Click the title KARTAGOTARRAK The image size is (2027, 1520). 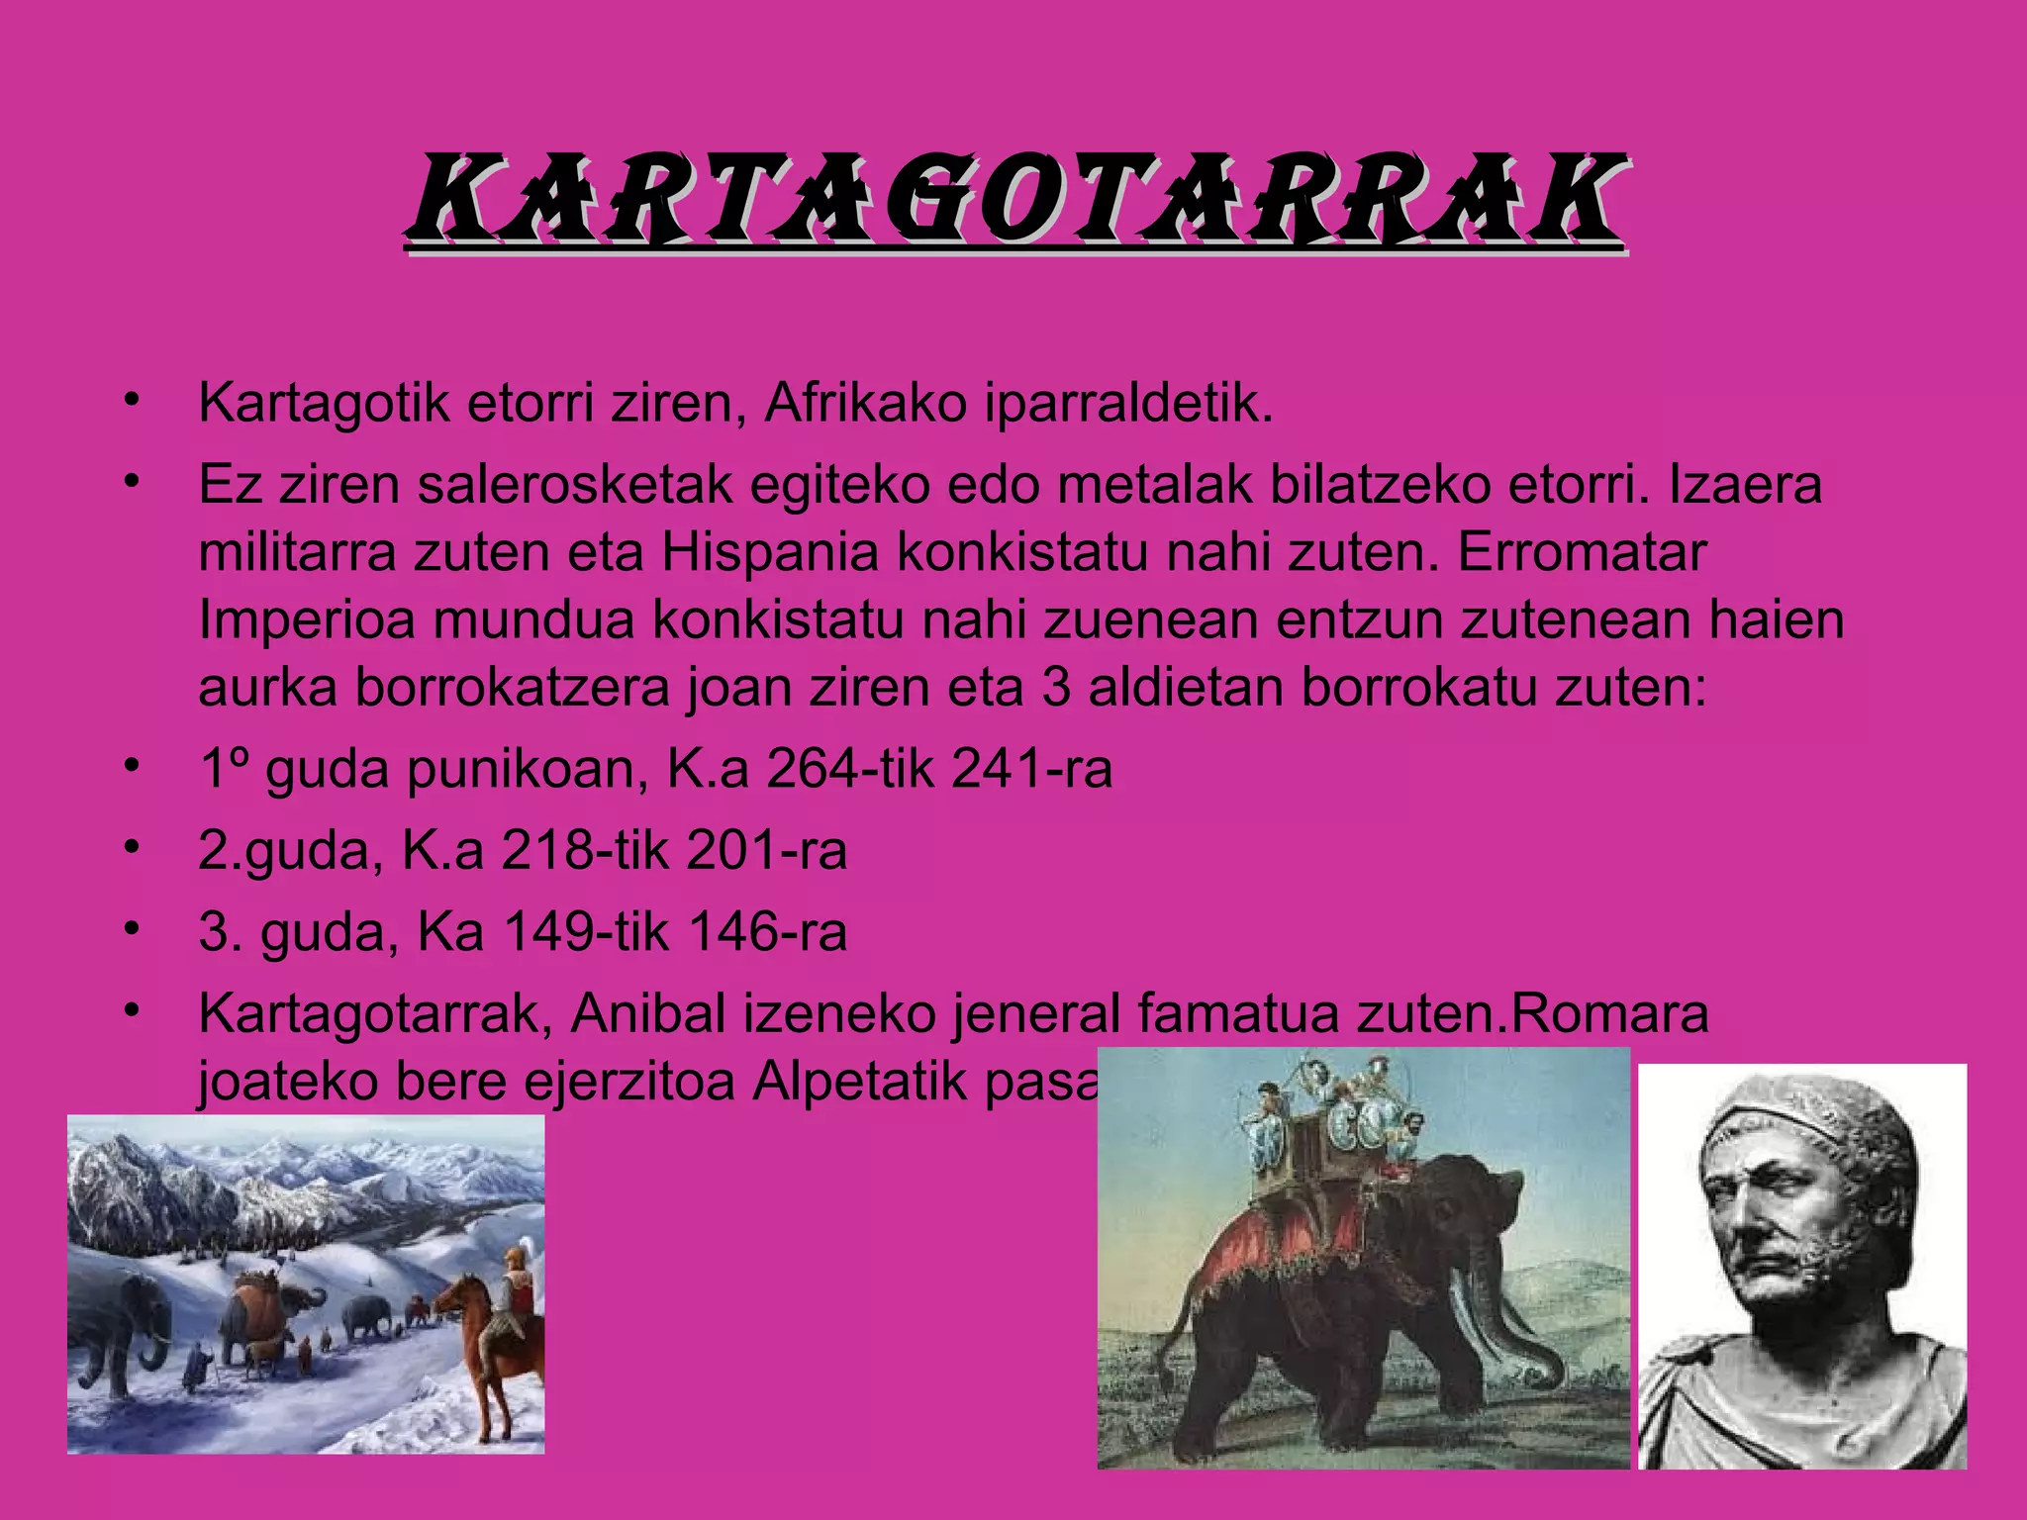click(1013, 200)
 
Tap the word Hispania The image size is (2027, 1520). click(770, 552)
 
